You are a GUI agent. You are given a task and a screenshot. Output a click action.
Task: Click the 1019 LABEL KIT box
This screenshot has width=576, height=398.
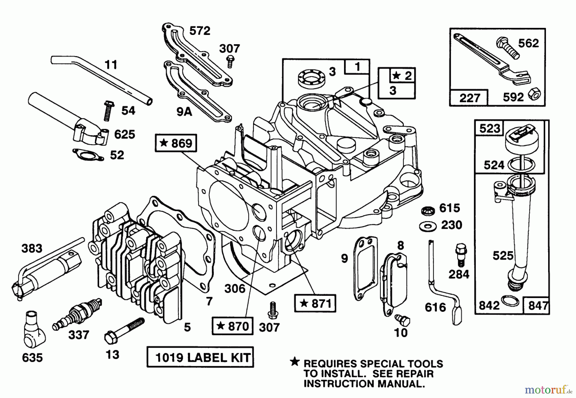click(x=200, y=357)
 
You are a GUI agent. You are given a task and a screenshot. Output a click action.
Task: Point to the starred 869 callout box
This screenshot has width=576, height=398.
click(x=176, y=143)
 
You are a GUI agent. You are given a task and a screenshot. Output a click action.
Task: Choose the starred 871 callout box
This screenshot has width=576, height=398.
click(x=315, y=303)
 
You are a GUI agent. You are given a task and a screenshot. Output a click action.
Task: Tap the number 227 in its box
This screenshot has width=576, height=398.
click(x=469, y=98)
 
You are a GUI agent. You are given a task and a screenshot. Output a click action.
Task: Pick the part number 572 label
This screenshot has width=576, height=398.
click(x=200, y=31)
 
